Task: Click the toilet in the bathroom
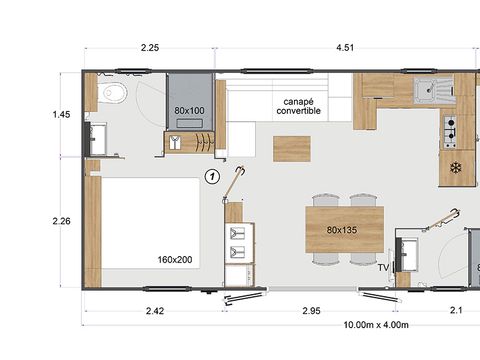[112, 94]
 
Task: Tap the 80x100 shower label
[189, 110]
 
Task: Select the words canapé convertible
[299, 105]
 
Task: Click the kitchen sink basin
[431, 91]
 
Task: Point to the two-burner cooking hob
[450, 128]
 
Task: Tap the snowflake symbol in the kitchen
[456, 167]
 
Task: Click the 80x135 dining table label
[343, 229]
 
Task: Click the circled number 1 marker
[211, 177]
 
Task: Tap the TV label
[383, 267]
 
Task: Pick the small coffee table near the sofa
[293, 148]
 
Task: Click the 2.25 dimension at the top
[150, 47]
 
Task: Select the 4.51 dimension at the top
[346, 47]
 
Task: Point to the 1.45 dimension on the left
[61, 115]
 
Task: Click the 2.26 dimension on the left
[61, 223]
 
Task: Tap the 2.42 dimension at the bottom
[155, 312]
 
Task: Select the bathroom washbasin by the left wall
[97, 138]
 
